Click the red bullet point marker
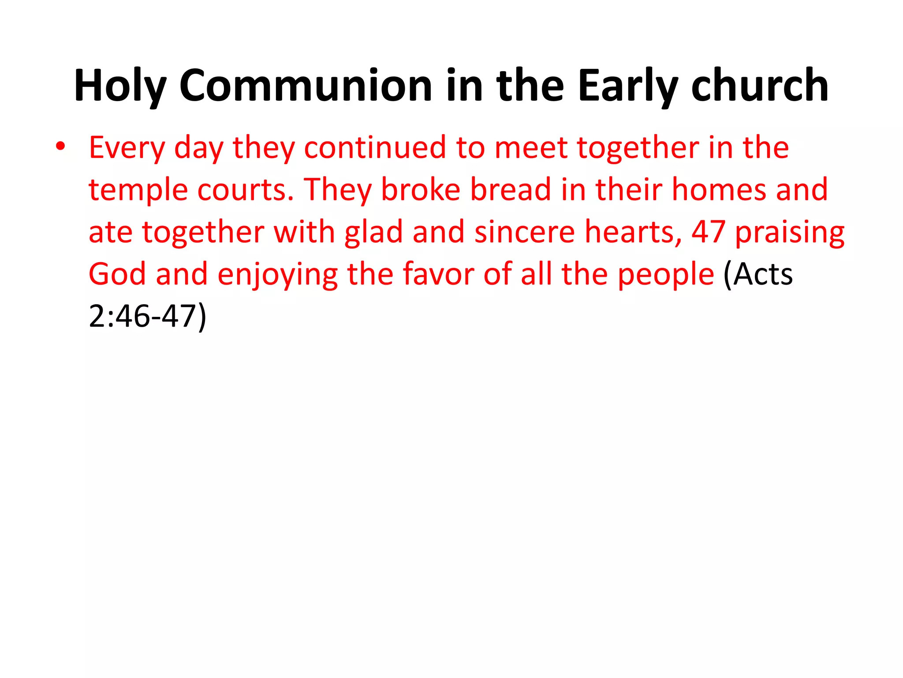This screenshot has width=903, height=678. (x=60, y=147)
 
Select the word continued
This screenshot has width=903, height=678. (x=375, y=147)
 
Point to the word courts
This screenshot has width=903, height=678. (x=245, y=190)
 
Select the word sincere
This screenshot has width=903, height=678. (x=525, y=232)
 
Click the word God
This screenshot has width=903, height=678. (x=117, y=274)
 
